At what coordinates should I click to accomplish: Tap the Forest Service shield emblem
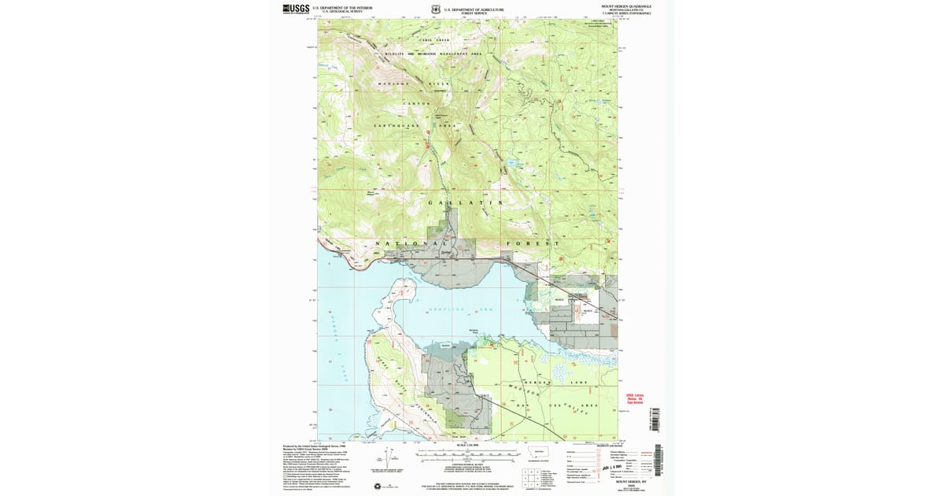pyautogui.click(x=435, y=10)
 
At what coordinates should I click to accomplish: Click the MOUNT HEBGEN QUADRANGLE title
pyautogui.click(x=626, y=6)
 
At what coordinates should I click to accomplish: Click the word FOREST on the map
pyautogui.click(x=534, y=243)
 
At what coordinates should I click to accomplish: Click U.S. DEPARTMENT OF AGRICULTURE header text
pyautogui.click(x=471, y=9)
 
